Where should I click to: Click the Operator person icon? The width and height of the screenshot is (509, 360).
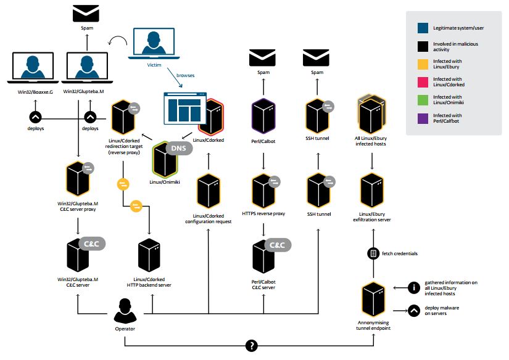(x=125, y=309)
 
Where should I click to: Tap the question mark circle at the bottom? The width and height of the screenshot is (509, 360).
(x=251, y=346)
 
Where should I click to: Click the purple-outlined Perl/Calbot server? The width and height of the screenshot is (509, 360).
(x=263, y=116)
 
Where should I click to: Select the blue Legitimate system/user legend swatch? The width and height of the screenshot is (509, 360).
(x=423, y=28)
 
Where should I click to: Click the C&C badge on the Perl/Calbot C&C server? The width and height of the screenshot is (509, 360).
(x=278, y=245)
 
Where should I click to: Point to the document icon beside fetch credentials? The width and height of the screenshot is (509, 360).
(x=373, y=253)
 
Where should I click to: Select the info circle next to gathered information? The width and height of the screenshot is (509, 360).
(x=414, y=287)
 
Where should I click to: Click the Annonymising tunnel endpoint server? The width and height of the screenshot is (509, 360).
(x=373, y=300)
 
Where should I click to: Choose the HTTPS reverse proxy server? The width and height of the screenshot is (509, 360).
(x=263, y=192)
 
